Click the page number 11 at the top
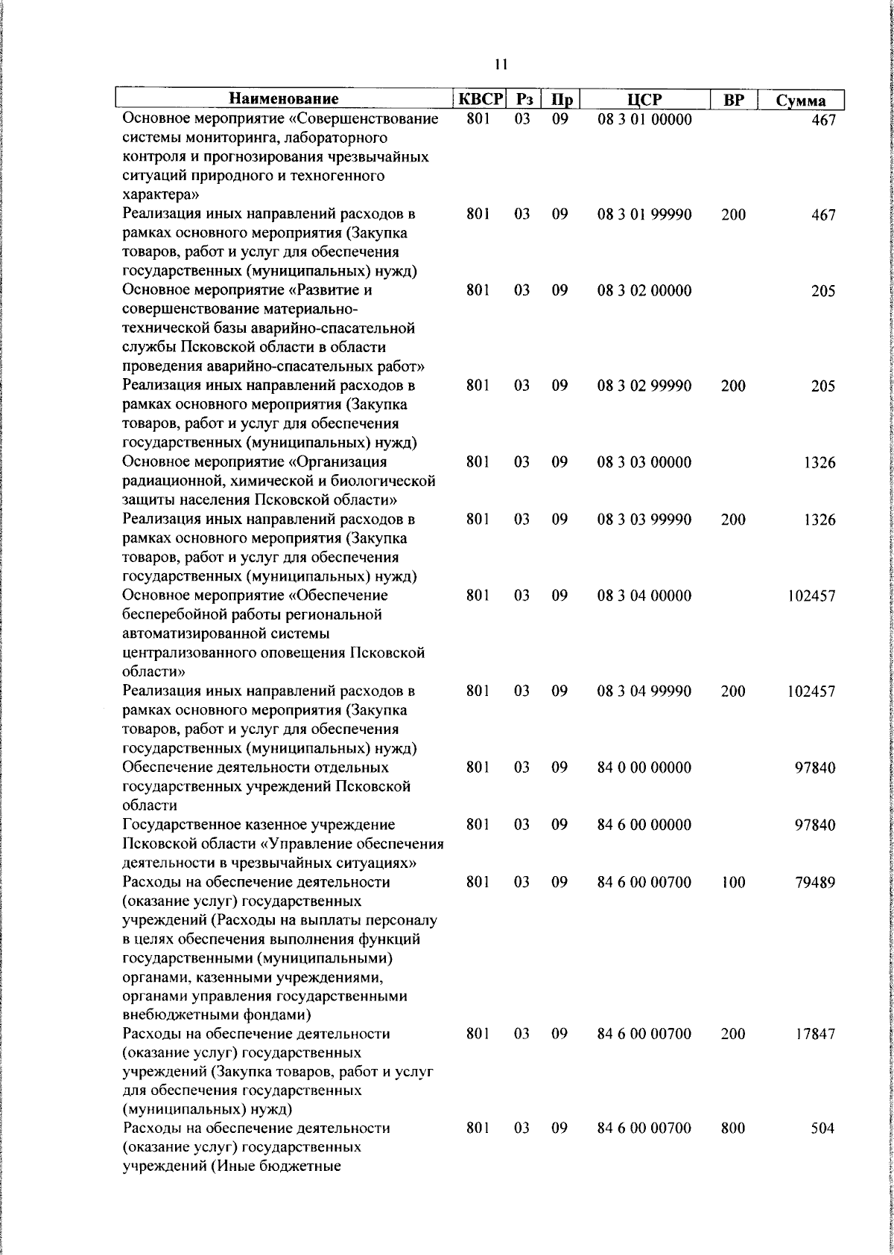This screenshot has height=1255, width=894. tap(501, 65)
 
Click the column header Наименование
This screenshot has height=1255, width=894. tap(283, 99)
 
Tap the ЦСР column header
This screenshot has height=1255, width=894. tap(644, 99)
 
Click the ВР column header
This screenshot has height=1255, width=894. tap(734, 99)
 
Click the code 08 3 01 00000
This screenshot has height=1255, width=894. tap(644, 119)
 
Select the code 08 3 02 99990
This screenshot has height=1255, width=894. tap(644, 386)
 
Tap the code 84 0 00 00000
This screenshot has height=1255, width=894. tap(644, 767)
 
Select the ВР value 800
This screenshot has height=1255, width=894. tap(733, 1129)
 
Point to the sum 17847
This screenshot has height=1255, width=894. tap(815, 1035)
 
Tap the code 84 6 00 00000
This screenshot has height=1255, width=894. tap(644, 825)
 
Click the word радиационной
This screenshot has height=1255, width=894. tap(171, 481)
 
